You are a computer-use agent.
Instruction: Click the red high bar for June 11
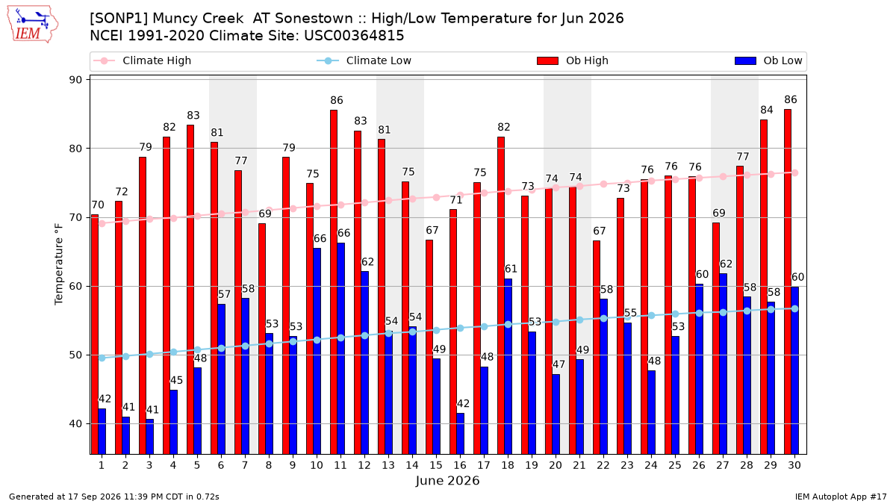tap(334, 282)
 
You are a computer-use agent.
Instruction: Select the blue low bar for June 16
tap(461, 434)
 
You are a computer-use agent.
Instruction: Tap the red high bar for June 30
tap(788, 281)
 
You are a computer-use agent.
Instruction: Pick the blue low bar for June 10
tap(317, 351)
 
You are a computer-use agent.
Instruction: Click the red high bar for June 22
tap(597, 347)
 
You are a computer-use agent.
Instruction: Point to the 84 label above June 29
tap(766, 110)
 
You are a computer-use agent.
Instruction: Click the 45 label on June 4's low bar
tap(176, 380)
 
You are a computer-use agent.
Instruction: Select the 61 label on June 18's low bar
tap(511, 269)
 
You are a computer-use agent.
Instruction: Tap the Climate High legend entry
tap(142, 60)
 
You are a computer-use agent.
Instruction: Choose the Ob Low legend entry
tap(768, 60)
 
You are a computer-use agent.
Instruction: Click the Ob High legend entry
tap(573, 60)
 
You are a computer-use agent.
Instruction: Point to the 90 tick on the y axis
tap(75, 80)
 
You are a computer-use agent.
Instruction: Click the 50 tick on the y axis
tap(75, 355)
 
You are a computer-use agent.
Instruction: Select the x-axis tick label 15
tap(436, 465)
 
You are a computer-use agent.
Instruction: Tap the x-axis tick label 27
tap(723, 465)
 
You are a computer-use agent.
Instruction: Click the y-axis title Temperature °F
tap(59, 264)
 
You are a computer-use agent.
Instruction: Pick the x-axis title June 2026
tap(447, 480)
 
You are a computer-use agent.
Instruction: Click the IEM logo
tap(33, 25)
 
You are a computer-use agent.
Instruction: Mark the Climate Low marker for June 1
tap(102, 358)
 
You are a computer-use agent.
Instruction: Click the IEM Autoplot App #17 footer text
tap(841, 497)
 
